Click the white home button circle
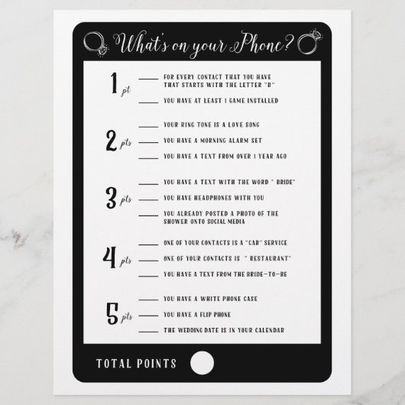click(x=202, y=363)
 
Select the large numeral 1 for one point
click(x=114, y=83)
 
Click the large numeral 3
click(x=112, y=198)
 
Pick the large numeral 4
click(x=110, y=258)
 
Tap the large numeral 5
click(x=112, y=313)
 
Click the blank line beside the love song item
click(x=148, y=127)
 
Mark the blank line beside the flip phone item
click(x=148, y=316)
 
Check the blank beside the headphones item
click(x=148, y=199)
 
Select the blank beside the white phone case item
click(x=148, y=300)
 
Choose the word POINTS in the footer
click(x=157, y=364)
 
